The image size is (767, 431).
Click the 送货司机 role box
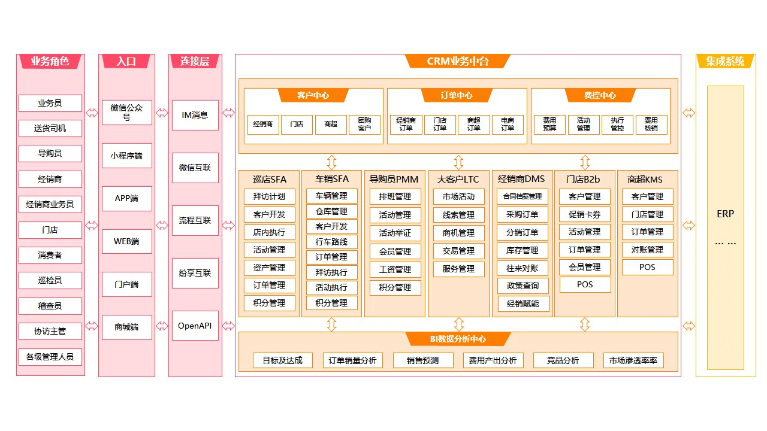50,128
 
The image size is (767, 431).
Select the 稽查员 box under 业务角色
50,306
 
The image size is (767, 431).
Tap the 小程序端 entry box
126,156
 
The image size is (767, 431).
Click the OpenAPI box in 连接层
195,326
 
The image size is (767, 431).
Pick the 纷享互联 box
195,273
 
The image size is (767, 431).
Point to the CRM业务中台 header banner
458,61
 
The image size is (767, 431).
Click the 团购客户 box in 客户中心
364,124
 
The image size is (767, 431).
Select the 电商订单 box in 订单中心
508,124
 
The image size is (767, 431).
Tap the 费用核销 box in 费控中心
651,124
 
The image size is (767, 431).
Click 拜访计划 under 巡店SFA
269,196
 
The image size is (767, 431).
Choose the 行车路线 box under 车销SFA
331,242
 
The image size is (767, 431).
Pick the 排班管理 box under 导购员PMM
395,196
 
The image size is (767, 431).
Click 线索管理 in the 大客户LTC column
458,215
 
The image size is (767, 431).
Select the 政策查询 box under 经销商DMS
523,286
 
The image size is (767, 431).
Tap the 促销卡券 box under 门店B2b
584,214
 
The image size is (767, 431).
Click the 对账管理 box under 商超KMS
647,250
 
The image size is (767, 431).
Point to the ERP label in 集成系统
725,214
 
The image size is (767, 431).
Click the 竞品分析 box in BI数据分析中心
563,360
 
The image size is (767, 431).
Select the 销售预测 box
422,360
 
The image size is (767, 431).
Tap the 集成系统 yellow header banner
725,61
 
